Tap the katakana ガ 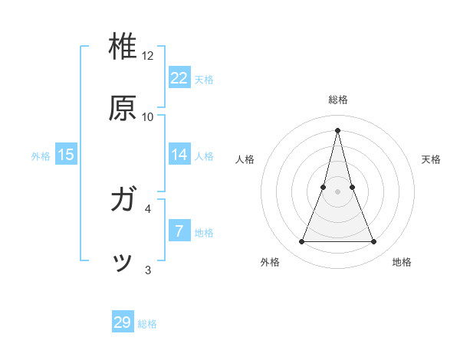(x=123, y=201)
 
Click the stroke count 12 (x=148, y=56)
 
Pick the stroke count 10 (x=148, y=117)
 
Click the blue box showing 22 (x=179, y=78)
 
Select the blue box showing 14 (x=179, y=155)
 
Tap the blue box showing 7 (x=179, y=231)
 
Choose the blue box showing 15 (x=66, y=155)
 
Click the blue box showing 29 (x=123, y=322)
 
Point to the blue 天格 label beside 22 (x=204, y=80)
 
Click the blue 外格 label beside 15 (x=41, y=156)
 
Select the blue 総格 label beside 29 (x=147, y=324)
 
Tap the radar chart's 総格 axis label (x=338, y=100)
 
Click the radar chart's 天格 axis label (x=431, y=159)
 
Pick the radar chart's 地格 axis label (x=402, y=262)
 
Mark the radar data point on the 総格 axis (x=338, y=129)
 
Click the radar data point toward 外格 (x=301, y=242)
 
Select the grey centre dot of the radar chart (x=338, y=191)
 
